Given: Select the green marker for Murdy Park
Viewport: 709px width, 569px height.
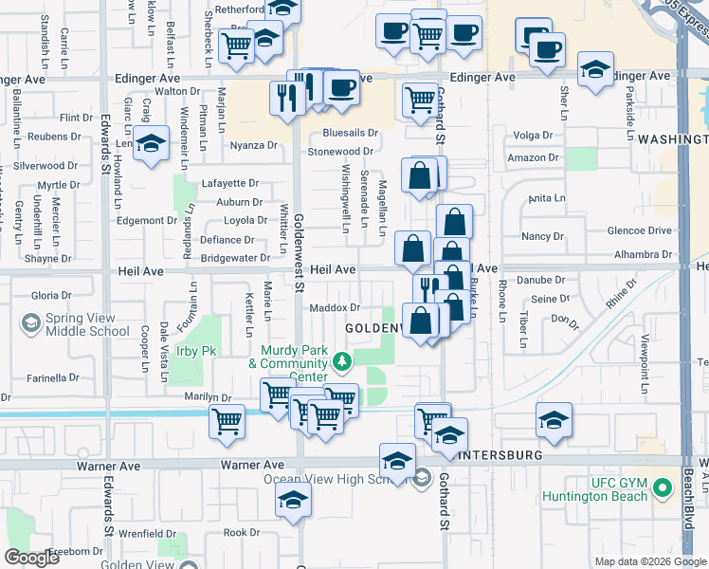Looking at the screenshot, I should pos(342,361).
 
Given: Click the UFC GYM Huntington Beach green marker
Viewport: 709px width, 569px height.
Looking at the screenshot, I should pos(663,489).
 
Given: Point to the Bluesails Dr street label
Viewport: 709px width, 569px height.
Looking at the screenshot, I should pos(350,133).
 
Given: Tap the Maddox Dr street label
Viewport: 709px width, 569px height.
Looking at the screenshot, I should pos(335,307).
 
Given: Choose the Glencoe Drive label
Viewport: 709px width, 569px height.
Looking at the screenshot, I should pos(641,230).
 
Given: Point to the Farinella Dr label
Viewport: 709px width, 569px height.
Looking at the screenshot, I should pos(53,377).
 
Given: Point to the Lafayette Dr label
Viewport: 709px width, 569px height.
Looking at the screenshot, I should pos(230,183).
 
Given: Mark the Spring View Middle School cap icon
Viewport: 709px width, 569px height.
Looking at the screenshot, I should pos(31,324).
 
